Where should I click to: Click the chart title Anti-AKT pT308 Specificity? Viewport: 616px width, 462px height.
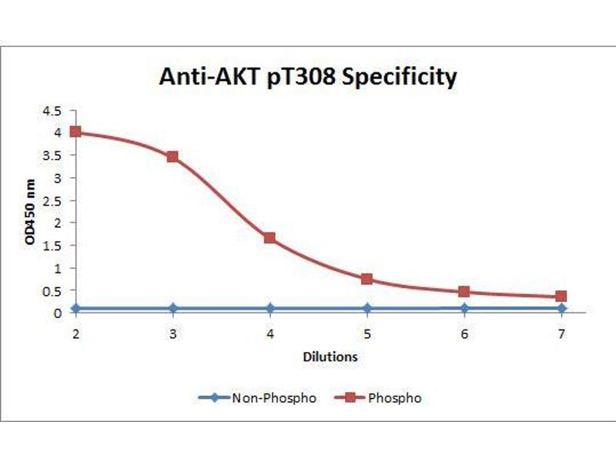[x=307, y=77]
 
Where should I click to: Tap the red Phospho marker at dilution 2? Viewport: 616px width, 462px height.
[x=75, y=132]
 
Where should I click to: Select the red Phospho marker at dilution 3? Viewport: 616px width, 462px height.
[x=172, y=156]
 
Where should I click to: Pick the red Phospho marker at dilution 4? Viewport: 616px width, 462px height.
[x=270, y=238]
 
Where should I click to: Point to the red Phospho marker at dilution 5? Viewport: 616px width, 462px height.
[x=367, y=279]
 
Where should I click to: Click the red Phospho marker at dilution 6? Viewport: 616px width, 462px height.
[x=464, y=292]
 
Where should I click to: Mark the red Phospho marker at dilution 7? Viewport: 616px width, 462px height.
[x=561, y=296]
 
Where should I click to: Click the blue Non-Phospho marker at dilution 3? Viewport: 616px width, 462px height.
[x=172, y=308]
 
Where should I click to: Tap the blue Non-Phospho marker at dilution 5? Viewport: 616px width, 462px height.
[x=367, y=308]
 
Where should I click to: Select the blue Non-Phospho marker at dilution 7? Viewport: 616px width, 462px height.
[x=561, y=308]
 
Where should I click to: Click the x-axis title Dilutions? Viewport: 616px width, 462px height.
[x=329, y=357]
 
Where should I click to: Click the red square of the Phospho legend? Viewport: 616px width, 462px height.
[x=351, y=398]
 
